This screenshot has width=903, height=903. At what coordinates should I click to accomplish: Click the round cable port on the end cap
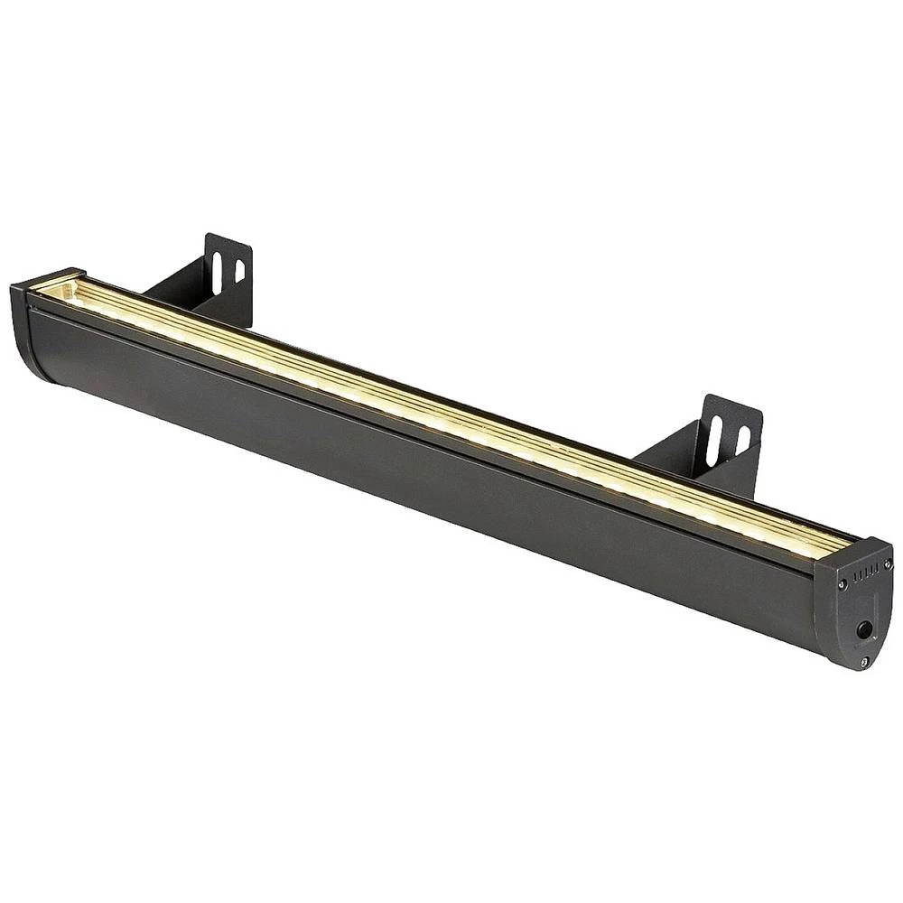point(864,629)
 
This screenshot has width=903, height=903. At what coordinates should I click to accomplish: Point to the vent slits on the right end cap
point(864,572)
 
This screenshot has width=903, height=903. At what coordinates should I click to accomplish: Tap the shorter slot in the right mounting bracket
point(742,440)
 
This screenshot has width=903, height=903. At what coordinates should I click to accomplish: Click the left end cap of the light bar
point(41,330)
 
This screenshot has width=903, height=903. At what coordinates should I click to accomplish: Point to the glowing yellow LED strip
point(451,411)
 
